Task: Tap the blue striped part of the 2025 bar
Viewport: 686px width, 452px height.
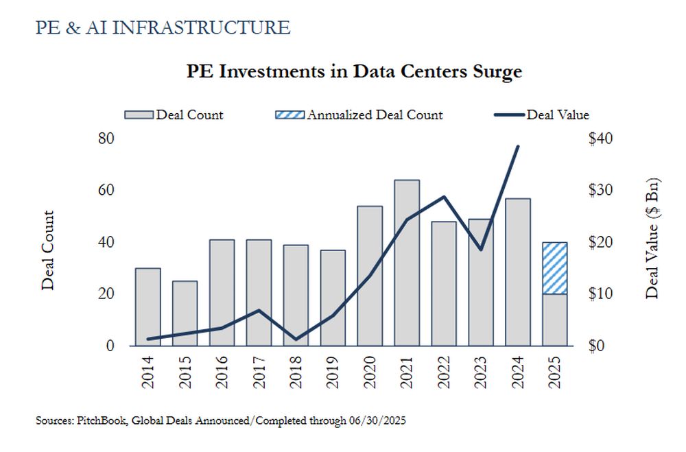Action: pos(554,268)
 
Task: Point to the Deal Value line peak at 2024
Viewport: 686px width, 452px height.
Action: pos(517,146)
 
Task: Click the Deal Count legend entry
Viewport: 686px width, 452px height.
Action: pos(174,115)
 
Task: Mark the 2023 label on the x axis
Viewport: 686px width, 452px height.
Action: pos(481,374)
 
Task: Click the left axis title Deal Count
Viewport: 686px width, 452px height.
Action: pos(48,250)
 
